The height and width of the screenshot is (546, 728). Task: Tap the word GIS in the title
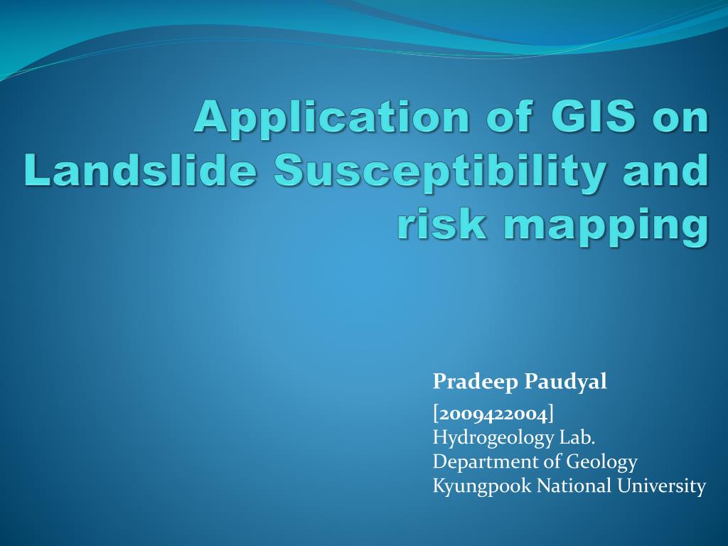pyautogui.click(x=592, y=117)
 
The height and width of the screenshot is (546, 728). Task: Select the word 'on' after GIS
pyautogui.click(x=682, y=117)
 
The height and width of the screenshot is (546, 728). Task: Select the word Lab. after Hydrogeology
pyautogui.click(x=577, y=437)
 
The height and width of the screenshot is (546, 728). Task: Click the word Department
pyautogui.click(x=486, y=462)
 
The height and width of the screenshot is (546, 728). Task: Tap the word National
pyautogui.click(x=571, y=486)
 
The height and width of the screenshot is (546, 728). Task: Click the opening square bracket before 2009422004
pyautogui.click(x=436, y=413)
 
